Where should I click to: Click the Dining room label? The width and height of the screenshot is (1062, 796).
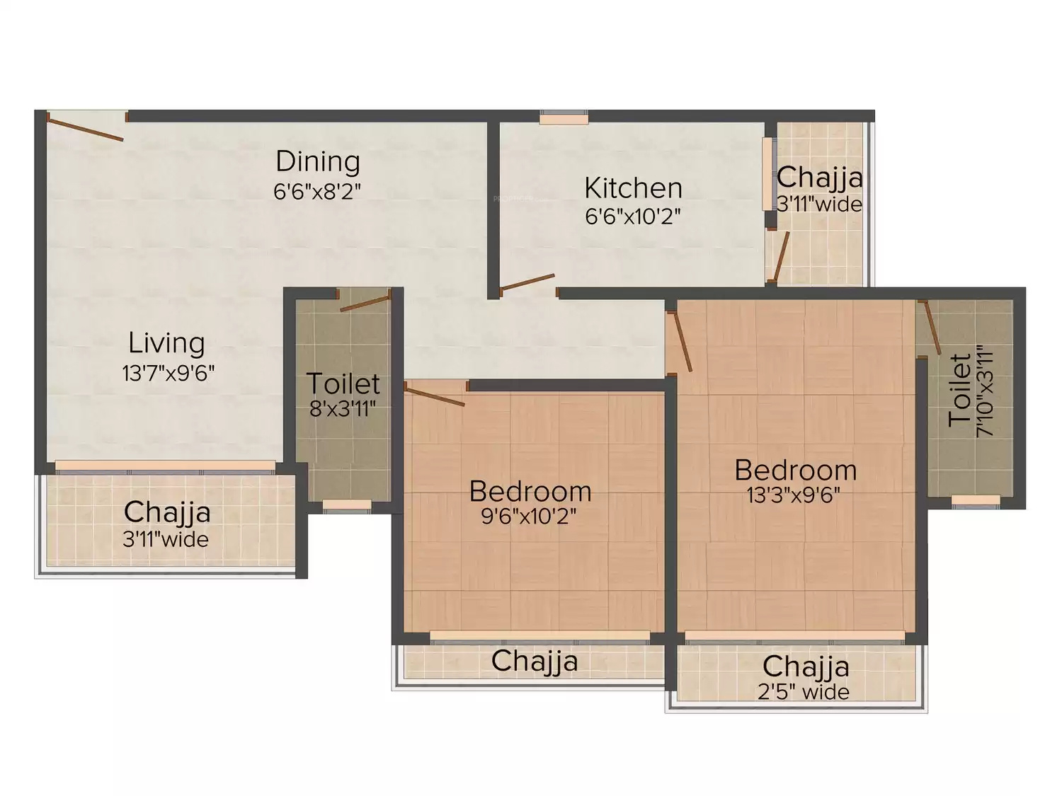click(318, 161)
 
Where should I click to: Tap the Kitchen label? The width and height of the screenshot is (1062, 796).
click(633, 188)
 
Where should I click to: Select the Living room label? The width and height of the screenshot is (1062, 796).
click(166, 343)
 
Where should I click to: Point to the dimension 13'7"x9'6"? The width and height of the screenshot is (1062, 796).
click(168, 373)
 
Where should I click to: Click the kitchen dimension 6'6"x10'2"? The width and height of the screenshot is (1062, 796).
click(633, 217)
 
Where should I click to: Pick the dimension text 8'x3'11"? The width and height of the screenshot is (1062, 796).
click(343, 409)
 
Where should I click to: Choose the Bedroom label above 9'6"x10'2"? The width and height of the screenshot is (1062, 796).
click(530, 492)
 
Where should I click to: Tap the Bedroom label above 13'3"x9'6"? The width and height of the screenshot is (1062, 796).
click(795, 471)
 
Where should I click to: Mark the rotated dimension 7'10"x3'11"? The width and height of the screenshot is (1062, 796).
click(984, 391)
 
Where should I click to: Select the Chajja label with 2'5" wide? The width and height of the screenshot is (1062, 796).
click(806, 667)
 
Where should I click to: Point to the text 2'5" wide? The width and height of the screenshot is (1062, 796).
click(803, 693)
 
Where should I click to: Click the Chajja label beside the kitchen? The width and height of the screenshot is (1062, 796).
click(820, 178)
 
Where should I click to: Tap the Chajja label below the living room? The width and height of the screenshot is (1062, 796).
click(167, 512)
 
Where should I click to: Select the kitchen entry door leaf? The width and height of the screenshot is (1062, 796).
click(527, 282)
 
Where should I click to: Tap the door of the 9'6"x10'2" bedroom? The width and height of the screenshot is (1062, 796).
click(435, 396)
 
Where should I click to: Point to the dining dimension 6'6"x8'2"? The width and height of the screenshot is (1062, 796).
click(317, 192)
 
